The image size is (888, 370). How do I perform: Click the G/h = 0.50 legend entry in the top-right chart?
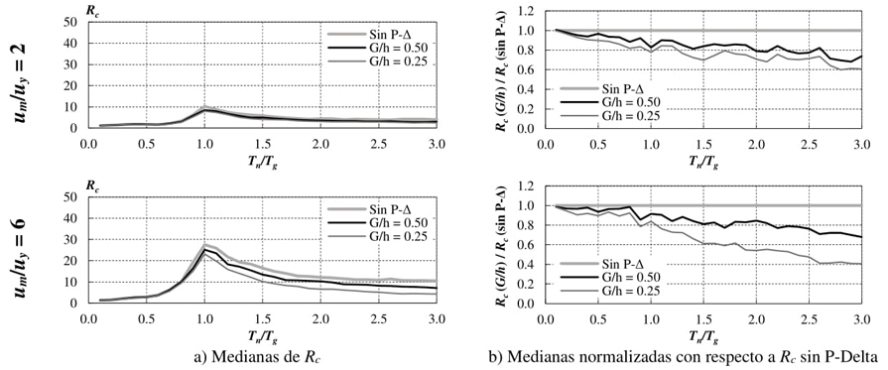(x=606, y=103)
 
